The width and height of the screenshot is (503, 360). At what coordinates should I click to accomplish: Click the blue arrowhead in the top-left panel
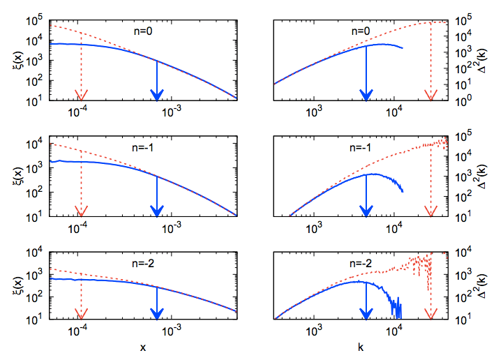157,95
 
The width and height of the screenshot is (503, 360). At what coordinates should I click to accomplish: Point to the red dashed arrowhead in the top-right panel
430,95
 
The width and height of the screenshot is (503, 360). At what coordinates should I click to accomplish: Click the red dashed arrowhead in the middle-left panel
81,211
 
